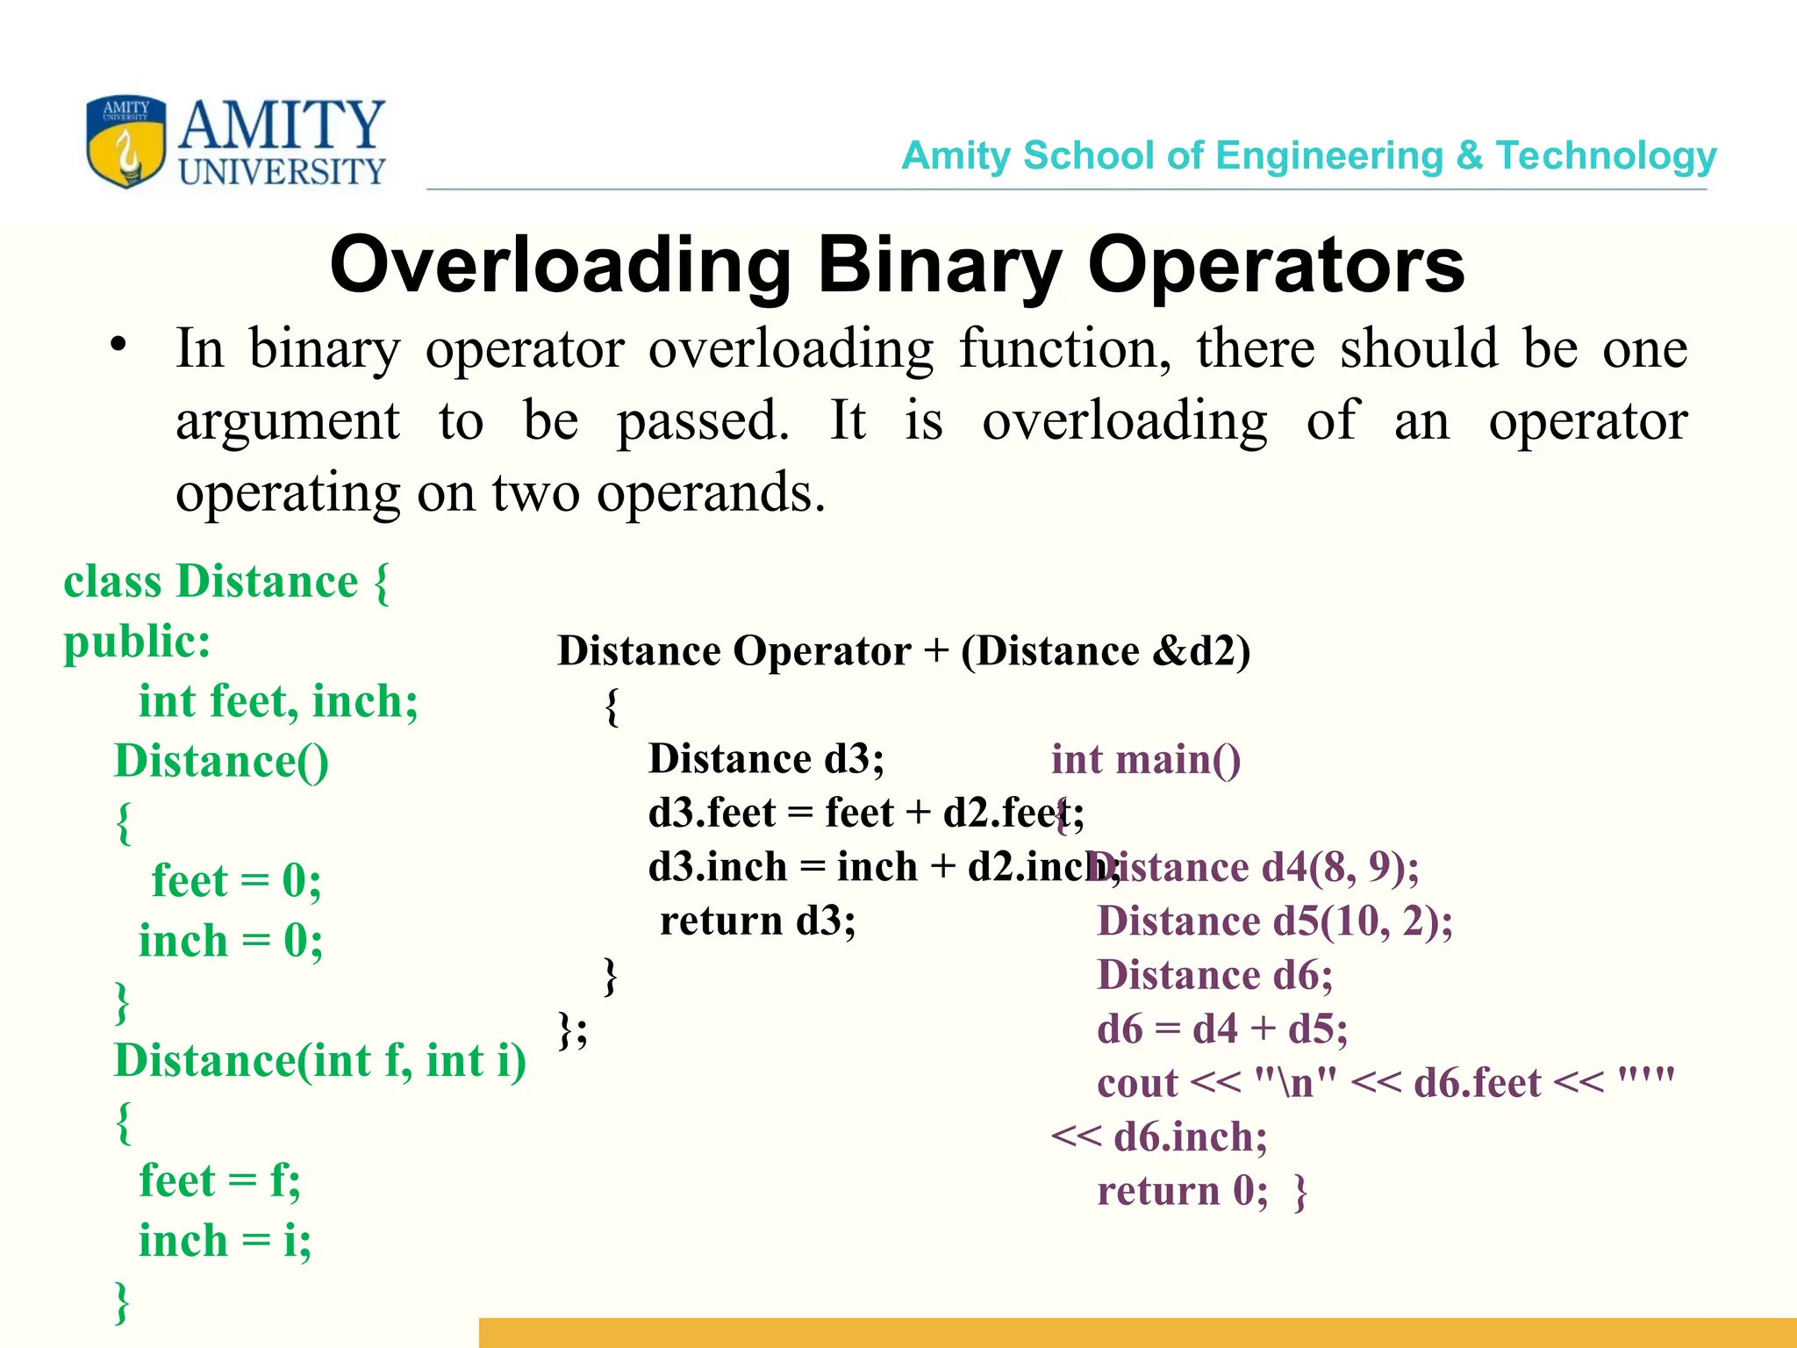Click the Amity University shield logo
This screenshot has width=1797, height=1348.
(x=125, y=141)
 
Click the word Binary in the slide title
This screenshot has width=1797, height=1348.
(x=939, y=266)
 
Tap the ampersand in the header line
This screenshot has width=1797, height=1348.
(x=1469, y=156)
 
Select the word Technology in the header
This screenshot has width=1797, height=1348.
(x=1606, y=156)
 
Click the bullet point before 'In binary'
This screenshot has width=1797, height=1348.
(x=118, y=346)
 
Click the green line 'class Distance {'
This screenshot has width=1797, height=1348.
(x=226, y=582)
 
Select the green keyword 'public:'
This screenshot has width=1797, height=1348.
(x=137, y=642)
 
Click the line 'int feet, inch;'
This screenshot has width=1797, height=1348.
(x=278, y=701)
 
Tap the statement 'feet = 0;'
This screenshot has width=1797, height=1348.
(x=236, y=880)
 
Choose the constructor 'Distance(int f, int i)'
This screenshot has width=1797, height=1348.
(x=319, y=1060)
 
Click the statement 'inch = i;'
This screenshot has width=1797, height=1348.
(x=225, y=1240)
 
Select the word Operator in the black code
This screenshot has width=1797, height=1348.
(x=821, y=652)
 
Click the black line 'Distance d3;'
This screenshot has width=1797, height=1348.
(x=766, y=759)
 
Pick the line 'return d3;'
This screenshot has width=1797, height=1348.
(x=757, y=921)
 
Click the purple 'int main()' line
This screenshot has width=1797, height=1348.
(x=1145, y=760)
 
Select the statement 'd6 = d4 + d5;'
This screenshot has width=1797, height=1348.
(x=1221, y=1029)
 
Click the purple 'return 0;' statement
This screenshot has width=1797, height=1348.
(x=1182, y=1191)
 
